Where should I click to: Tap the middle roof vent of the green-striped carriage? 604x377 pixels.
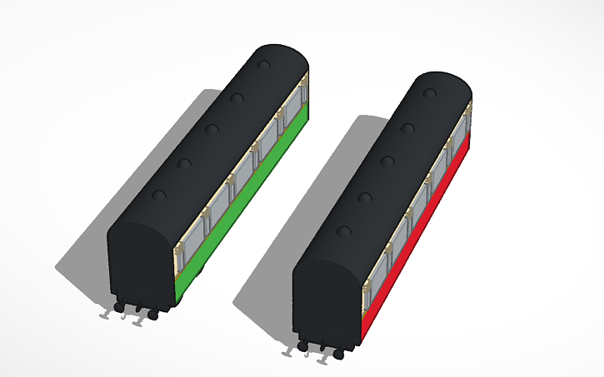point(212,129)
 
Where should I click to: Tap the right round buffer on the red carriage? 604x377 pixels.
point(338,354)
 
